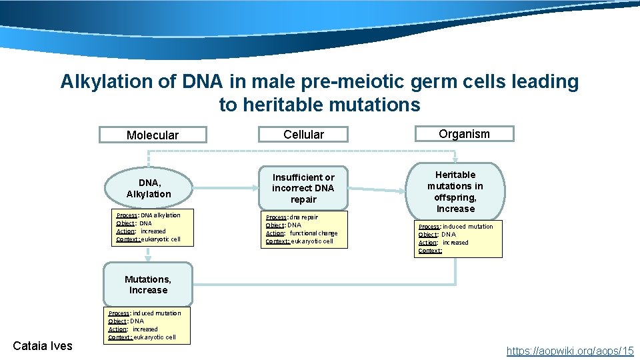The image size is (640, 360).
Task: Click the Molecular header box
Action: point(152,135)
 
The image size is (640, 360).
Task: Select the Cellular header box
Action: point(303,135)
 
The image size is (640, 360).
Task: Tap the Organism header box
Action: point(464,134)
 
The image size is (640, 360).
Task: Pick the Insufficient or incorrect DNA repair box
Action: point(303,188)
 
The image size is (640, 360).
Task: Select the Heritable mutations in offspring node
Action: point(456,191)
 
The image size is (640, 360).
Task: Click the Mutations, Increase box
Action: point(148,285)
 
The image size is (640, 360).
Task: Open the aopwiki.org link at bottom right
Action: point(569,350)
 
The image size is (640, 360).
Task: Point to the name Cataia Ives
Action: point(43,345)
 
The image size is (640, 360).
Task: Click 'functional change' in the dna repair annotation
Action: point(313,233)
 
